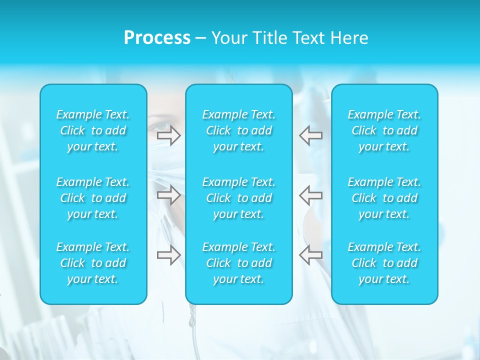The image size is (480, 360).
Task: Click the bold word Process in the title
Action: [x=157, y=38]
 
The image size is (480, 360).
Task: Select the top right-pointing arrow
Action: [x=168, y=135]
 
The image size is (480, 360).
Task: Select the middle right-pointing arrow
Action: [x=168, y=195]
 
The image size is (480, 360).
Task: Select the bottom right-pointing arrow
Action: [x=168, y=255]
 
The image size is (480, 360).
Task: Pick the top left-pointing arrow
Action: [x=310, y=135]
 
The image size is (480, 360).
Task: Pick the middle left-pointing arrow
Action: [x=310, y=195]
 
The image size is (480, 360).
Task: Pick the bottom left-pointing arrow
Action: [x=310, y=255]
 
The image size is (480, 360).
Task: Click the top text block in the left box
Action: [x=93, y=130]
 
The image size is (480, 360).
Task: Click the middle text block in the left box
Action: [x=93, y=198]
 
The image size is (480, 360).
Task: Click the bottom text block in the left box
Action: [x=93, y=263]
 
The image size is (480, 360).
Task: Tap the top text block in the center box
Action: [x=239, y=130]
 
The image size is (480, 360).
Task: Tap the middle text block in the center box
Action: [x=239, y=198]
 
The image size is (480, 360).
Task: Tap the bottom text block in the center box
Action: [x=239, y=263]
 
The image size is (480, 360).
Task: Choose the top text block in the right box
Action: [x=384, y=130]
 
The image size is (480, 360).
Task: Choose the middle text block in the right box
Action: [x=384, y=198]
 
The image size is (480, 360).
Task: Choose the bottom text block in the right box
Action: [x=384, y=263]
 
